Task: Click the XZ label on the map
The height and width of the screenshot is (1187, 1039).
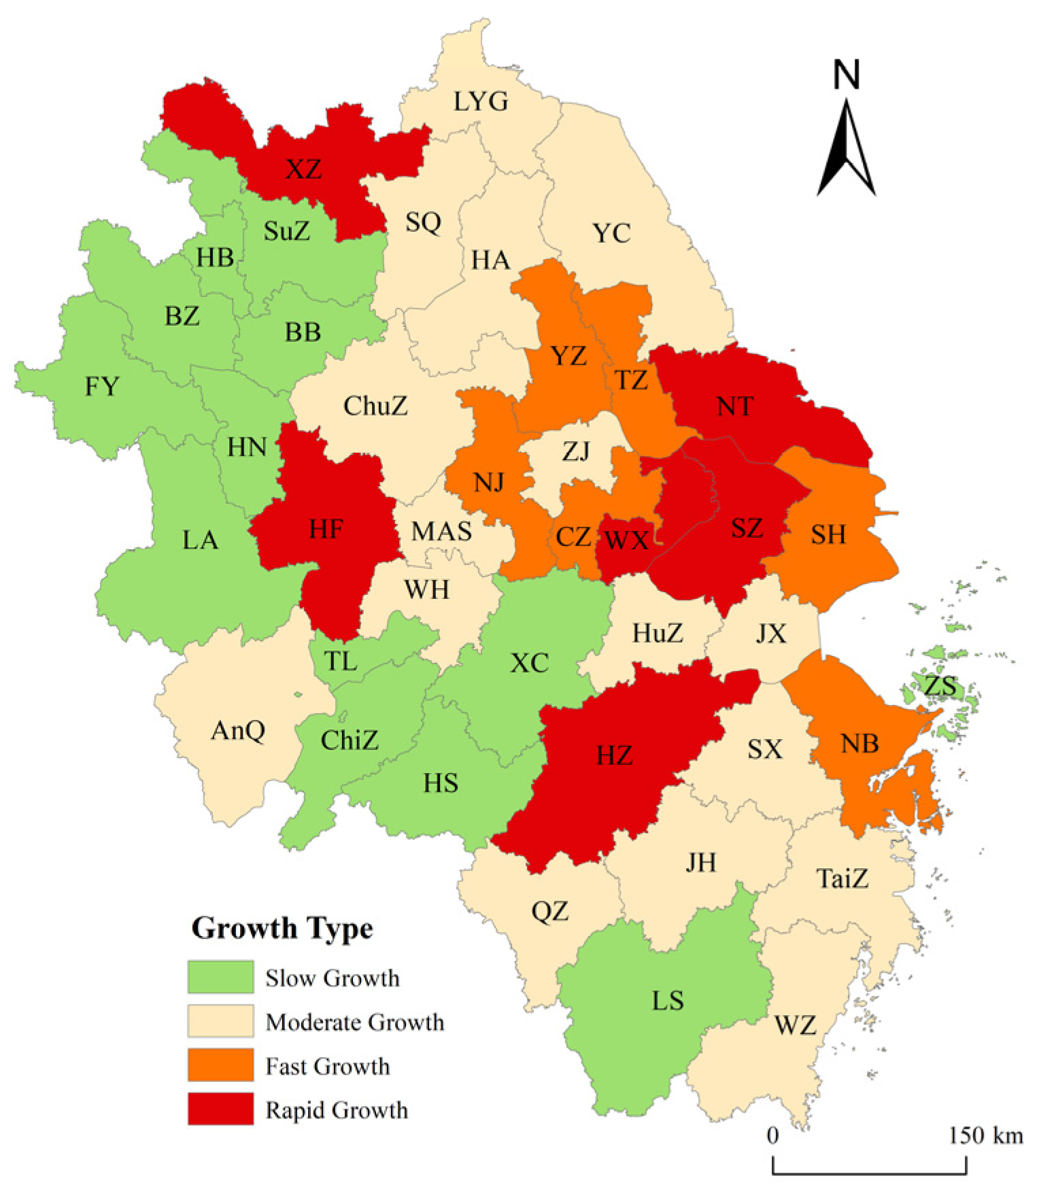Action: [x=303, y=169]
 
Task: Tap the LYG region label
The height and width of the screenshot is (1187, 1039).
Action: [x=480, y=102]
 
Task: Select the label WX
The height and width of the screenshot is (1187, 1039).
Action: [x=626, y=540]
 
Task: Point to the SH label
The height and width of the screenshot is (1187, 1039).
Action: [x=828, y=535]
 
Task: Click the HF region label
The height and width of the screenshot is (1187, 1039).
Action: [x=326, y=530]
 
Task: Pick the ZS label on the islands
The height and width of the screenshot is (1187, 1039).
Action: [x=940, y=686]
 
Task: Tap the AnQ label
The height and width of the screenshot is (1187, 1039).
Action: [x=238, y=732]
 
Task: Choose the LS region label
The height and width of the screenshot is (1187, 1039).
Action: [x=667, y=1001]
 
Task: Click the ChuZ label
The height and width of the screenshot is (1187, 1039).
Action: [x=375, y=407]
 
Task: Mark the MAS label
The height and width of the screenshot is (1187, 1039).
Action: [x=441, y=532]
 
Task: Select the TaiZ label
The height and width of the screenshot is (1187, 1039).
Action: [x=842, y=879]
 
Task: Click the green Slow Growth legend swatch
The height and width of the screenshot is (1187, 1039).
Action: [x=220, y=977]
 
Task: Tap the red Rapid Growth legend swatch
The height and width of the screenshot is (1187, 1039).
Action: [x=220, y=1109]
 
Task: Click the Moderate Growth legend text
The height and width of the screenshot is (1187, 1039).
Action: [x=354, y=1022]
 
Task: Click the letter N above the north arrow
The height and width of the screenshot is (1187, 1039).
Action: [x=847, y=75]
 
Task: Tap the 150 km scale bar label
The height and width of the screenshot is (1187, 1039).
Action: [x=985, y=1135]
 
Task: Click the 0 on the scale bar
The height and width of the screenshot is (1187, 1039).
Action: [x=772, y=1135]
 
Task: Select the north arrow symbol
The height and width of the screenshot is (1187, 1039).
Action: [x=847, y=150]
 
